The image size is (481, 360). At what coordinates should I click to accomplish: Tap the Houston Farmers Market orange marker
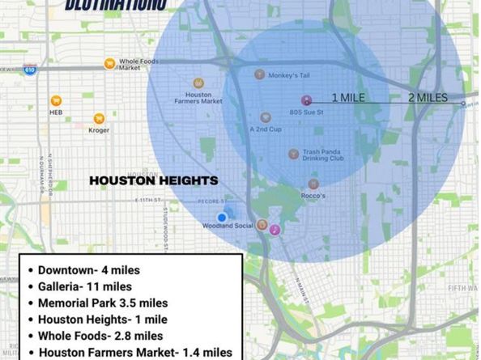[198, 83]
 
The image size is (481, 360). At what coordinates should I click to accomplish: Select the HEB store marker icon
[55, 100]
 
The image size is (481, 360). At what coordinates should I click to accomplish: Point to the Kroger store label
[77, 129]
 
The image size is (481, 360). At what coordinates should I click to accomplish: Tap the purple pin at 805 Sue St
[306, 100]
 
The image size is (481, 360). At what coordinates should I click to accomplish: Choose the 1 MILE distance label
[347, 98]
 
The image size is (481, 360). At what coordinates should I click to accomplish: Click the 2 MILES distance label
[428, 98]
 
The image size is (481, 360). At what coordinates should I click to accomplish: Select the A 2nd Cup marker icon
[265, 117]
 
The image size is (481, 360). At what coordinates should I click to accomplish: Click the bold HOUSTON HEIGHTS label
[153, 180]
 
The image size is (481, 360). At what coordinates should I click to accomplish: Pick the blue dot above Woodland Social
[222, 217]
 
